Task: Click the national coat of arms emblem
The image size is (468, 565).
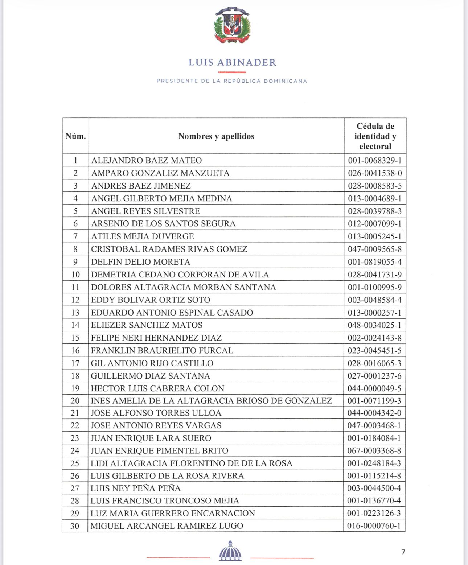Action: [232, 25]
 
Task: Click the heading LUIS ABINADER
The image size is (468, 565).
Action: [232, 62]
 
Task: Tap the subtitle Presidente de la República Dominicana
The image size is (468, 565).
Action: [232, 81]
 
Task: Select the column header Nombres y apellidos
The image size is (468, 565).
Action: [216, 136]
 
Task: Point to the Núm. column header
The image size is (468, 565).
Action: [75, 136]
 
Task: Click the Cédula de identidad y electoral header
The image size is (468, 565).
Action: [375, 136]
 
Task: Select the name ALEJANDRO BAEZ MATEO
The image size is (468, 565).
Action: [147, 160]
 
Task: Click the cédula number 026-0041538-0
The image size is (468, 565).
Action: [375, 173]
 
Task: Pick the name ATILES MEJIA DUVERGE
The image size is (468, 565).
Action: [143, 236]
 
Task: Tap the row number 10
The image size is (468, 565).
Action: [75, 275]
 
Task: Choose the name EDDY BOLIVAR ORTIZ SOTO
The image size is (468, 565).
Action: [151, 300]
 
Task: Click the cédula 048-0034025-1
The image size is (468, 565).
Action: [375, 325]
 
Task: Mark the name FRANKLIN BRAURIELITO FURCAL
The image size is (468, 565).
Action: [162, 350]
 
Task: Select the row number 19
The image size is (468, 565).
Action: [75, 388]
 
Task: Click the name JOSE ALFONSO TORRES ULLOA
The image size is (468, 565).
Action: [156, 413]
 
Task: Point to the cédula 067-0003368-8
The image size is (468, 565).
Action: [374, 450]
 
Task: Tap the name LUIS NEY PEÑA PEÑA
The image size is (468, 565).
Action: [136, 488]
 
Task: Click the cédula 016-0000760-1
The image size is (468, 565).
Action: [374, 526]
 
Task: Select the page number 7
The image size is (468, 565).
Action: [403, 552]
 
